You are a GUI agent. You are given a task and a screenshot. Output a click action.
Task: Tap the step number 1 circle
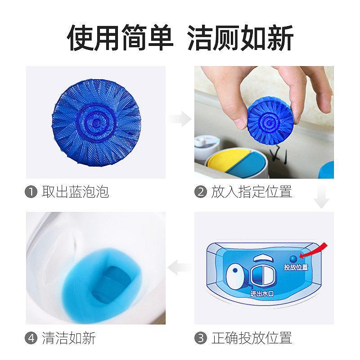click(30, 193)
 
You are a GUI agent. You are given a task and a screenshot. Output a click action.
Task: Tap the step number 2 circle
click(200, 193)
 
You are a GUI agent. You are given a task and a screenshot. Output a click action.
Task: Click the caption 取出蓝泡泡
click(75, 193)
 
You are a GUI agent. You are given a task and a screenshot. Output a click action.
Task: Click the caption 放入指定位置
click(252, 193)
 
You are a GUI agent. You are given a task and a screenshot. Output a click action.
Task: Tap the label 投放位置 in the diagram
click(296, 267)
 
